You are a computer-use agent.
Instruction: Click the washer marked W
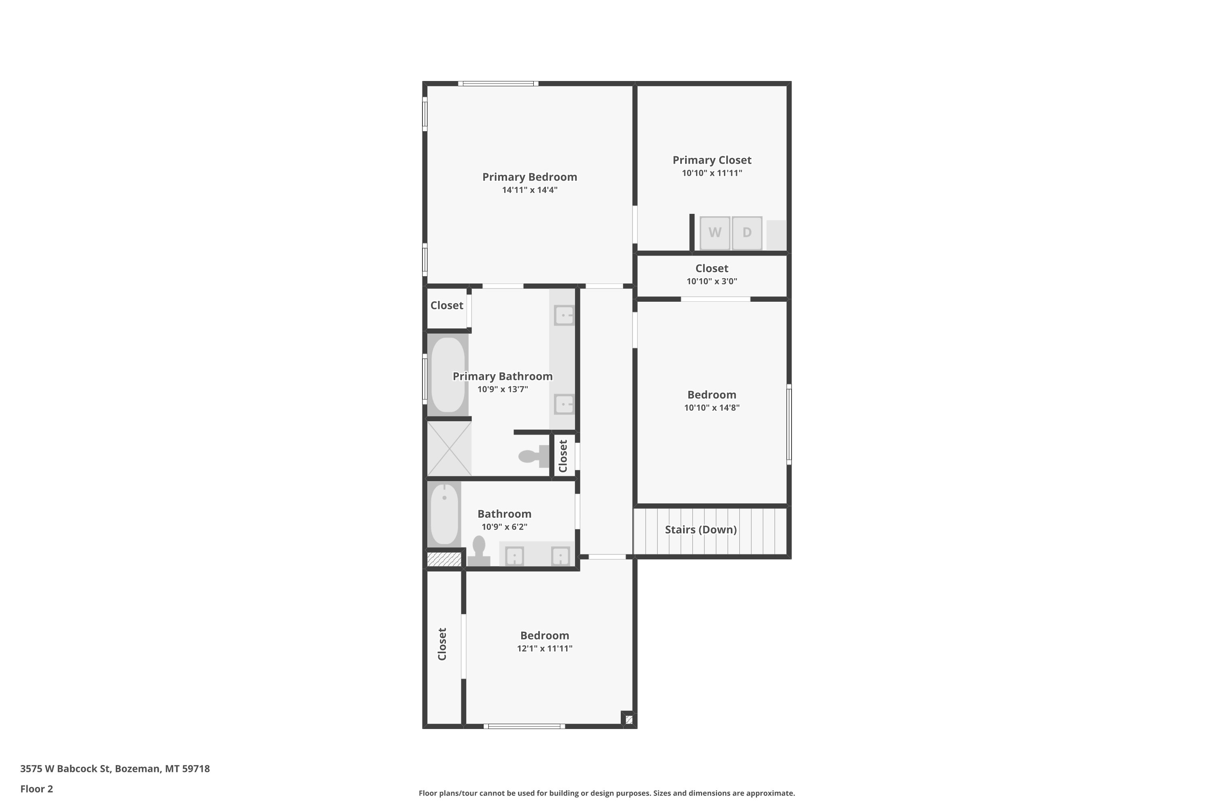coord(715,233)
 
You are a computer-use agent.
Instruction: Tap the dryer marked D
coord(747,233)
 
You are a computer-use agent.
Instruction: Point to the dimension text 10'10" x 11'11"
coord(712,173)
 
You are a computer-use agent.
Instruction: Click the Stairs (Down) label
coord(700,529)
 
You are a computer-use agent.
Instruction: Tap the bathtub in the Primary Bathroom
coord(448,375)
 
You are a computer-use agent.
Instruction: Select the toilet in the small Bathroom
coord(478,551)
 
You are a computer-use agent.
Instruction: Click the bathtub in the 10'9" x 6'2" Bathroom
coord(444,514)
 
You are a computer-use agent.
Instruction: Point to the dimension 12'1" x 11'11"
coord(545,648)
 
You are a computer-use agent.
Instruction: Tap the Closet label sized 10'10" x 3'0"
coord(712,269)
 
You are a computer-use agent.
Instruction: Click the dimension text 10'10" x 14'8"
coord(712,407)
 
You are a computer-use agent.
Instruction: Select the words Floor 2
coord(37,789)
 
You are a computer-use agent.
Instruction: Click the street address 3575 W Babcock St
coord(65,769)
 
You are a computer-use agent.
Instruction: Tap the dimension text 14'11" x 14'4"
coord(530,190)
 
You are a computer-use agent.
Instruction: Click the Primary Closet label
coord(712,160)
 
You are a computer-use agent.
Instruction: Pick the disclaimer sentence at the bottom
coord(607,793)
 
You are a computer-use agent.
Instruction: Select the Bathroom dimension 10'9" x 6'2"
coord(504,527)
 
